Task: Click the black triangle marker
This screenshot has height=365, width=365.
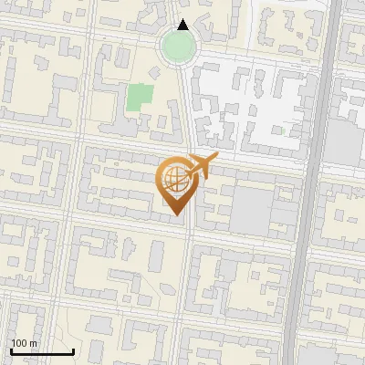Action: click(183, 25)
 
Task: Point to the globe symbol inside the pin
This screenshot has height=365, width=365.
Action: click(173, 180)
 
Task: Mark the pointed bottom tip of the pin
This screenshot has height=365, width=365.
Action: click(173, 215)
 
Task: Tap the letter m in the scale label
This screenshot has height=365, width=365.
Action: click(34, 343)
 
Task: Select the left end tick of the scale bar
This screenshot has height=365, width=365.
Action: click(10, 349)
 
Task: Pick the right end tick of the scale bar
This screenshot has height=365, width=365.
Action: click(72, 349)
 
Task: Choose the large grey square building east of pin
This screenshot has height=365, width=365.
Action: click(252, 210)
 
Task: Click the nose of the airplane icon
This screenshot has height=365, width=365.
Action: click(216, 159)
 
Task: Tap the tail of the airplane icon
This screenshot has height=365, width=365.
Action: click(186, 171)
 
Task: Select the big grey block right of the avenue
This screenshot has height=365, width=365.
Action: click(343, 141)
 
